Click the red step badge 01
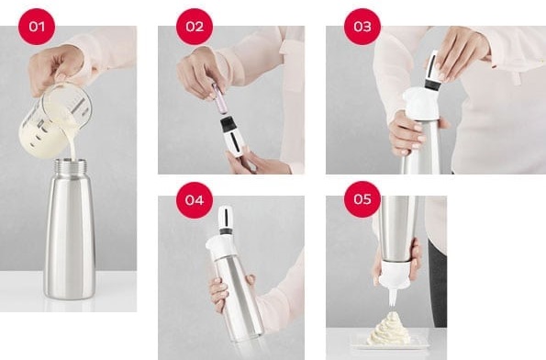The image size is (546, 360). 37,26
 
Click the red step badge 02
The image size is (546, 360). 194,26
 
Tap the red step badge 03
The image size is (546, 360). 362,26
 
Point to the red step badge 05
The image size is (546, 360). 362,197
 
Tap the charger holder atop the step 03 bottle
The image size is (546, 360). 428,69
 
